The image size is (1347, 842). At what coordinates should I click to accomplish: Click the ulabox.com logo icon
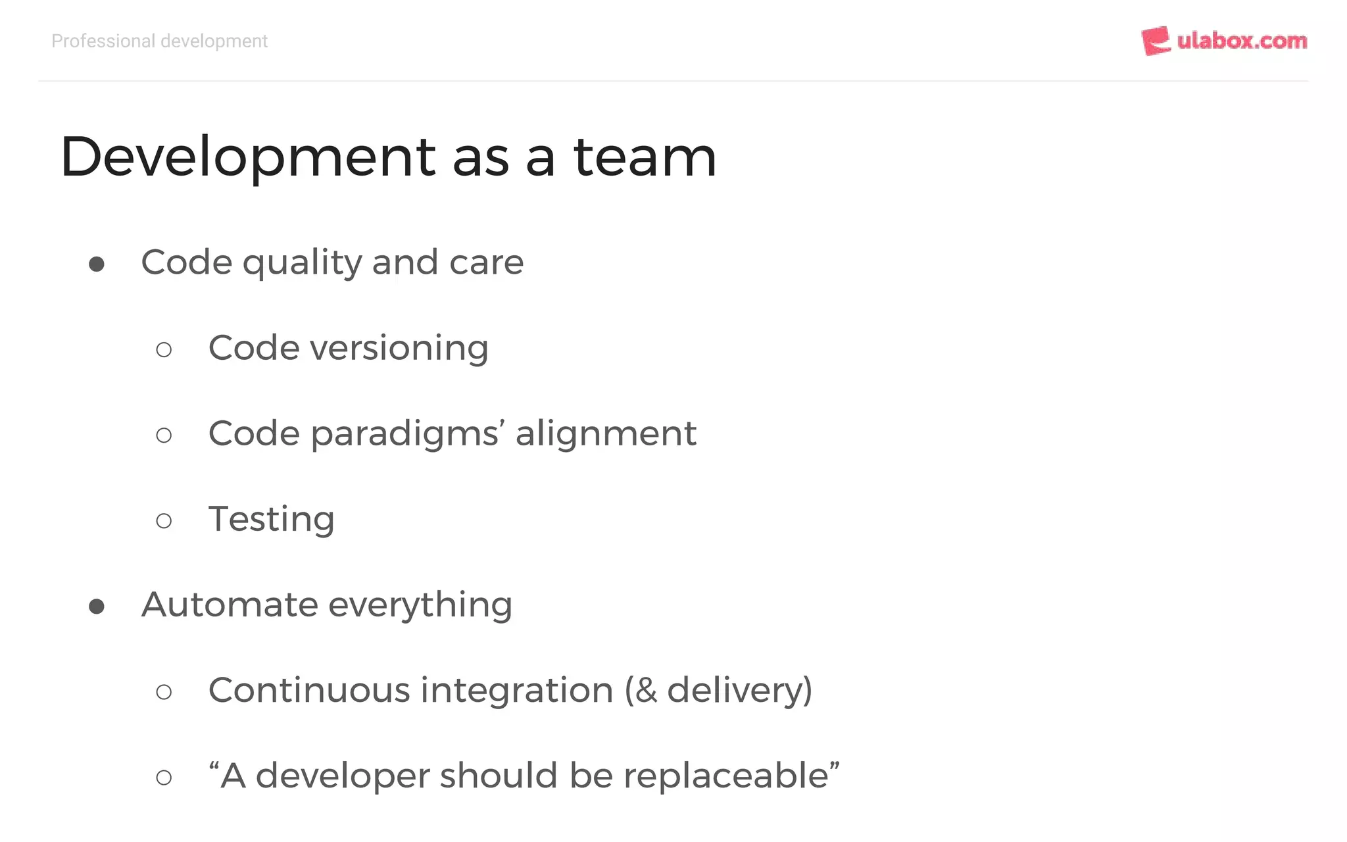1156,41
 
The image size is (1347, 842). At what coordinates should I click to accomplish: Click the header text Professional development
159,41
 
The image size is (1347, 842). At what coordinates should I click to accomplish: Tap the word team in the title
645,157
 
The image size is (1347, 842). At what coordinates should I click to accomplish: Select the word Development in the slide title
247,158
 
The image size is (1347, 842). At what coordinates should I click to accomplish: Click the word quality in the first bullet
302,263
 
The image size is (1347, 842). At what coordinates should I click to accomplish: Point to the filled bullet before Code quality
97,264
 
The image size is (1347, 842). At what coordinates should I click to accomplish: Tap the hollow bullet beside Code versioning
164,350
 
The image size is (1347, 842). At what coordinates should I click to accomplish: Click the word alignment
606,433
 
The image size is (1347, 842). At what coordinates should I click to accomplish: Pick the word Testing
272,520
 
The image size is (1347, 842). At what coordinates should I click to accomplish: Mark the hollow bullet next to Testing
164,521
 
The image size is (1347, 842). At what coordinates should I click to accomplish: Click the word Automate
230,605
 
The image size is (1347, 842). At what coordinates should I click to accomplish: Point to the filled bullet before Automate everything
97,607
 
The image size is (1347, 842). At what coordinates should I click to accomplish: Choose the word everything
420,605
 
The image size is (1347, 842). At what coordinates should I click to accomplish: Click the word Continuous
310,690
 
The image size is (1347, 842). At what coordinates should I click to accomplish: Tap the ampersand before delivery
647,691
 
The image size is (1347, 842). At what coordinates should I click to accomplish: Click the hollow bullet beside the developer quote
164,778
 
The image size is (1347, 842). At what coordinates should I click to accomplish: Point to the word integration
517,691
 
